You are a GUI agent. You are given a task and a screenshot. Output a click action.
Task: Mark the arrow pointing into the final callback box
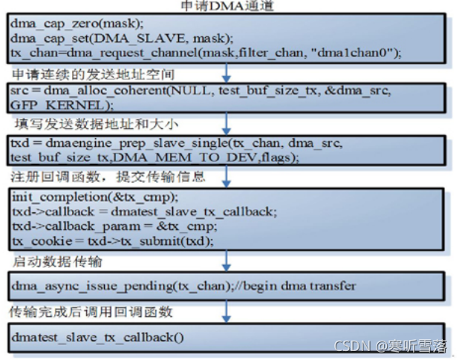click(x=227, y=312)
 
